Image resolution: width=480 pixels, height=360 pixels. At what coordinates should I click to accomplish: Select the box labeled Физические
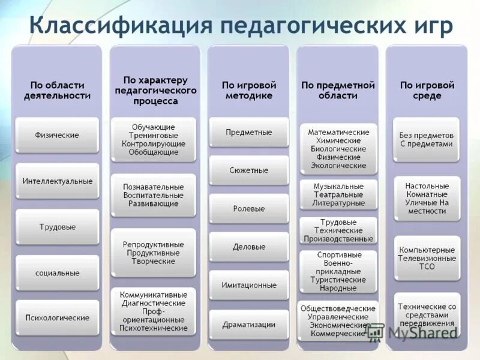click(x=57, y=135)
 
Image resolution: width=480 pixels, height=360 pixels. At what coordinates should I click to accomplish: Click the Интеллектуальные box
click(x=57, y=181)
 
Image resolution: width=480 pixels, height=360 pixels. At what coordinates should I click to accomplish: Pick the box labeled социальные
click(x=57, y=273)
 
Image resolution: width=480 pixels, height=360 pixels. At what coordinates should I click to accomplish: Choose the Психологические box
click(x=57, y=317)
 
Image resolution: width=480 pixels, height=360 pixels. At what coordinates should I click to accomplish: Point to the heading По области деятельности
click(x=57, y=90)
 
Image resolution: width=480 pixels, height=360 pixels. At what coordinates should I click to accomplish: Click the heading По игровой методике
click(x=248, y=90)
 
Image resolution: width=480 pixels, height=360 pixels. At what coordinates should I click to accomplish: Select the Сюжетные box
click(x=248, y=170)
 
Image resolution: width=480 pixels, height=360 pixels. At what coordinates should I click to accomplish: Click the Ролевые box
click(x=248, y=209)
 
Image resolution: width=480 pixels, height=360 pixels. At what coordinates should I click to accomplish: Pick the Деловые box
click(x=248, y=247)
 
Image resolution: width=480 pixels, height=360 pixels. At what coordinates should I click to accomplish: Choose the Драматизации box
click(x=248, y=325)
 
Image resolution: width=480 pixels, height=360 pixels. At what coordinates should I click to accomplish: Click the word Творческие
click(x=153, y=262)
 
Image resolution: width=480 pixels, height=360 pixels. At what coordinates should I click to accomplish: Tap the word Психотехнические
click(x=153, y=328)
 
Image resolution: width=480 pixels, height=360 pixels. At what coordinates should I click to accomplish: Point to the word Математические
click(x=338, y=132)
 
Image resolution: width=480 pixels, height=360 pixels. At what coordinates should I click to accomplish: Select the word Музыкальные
click(x=338, y=187)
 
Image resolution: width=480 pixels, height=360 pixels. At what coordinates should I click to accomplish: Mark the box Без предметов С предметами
click(x=426, y=140)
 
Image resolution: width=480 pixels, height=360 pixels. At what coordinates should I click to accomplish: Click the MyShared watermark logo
click(x=414, y=332)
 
